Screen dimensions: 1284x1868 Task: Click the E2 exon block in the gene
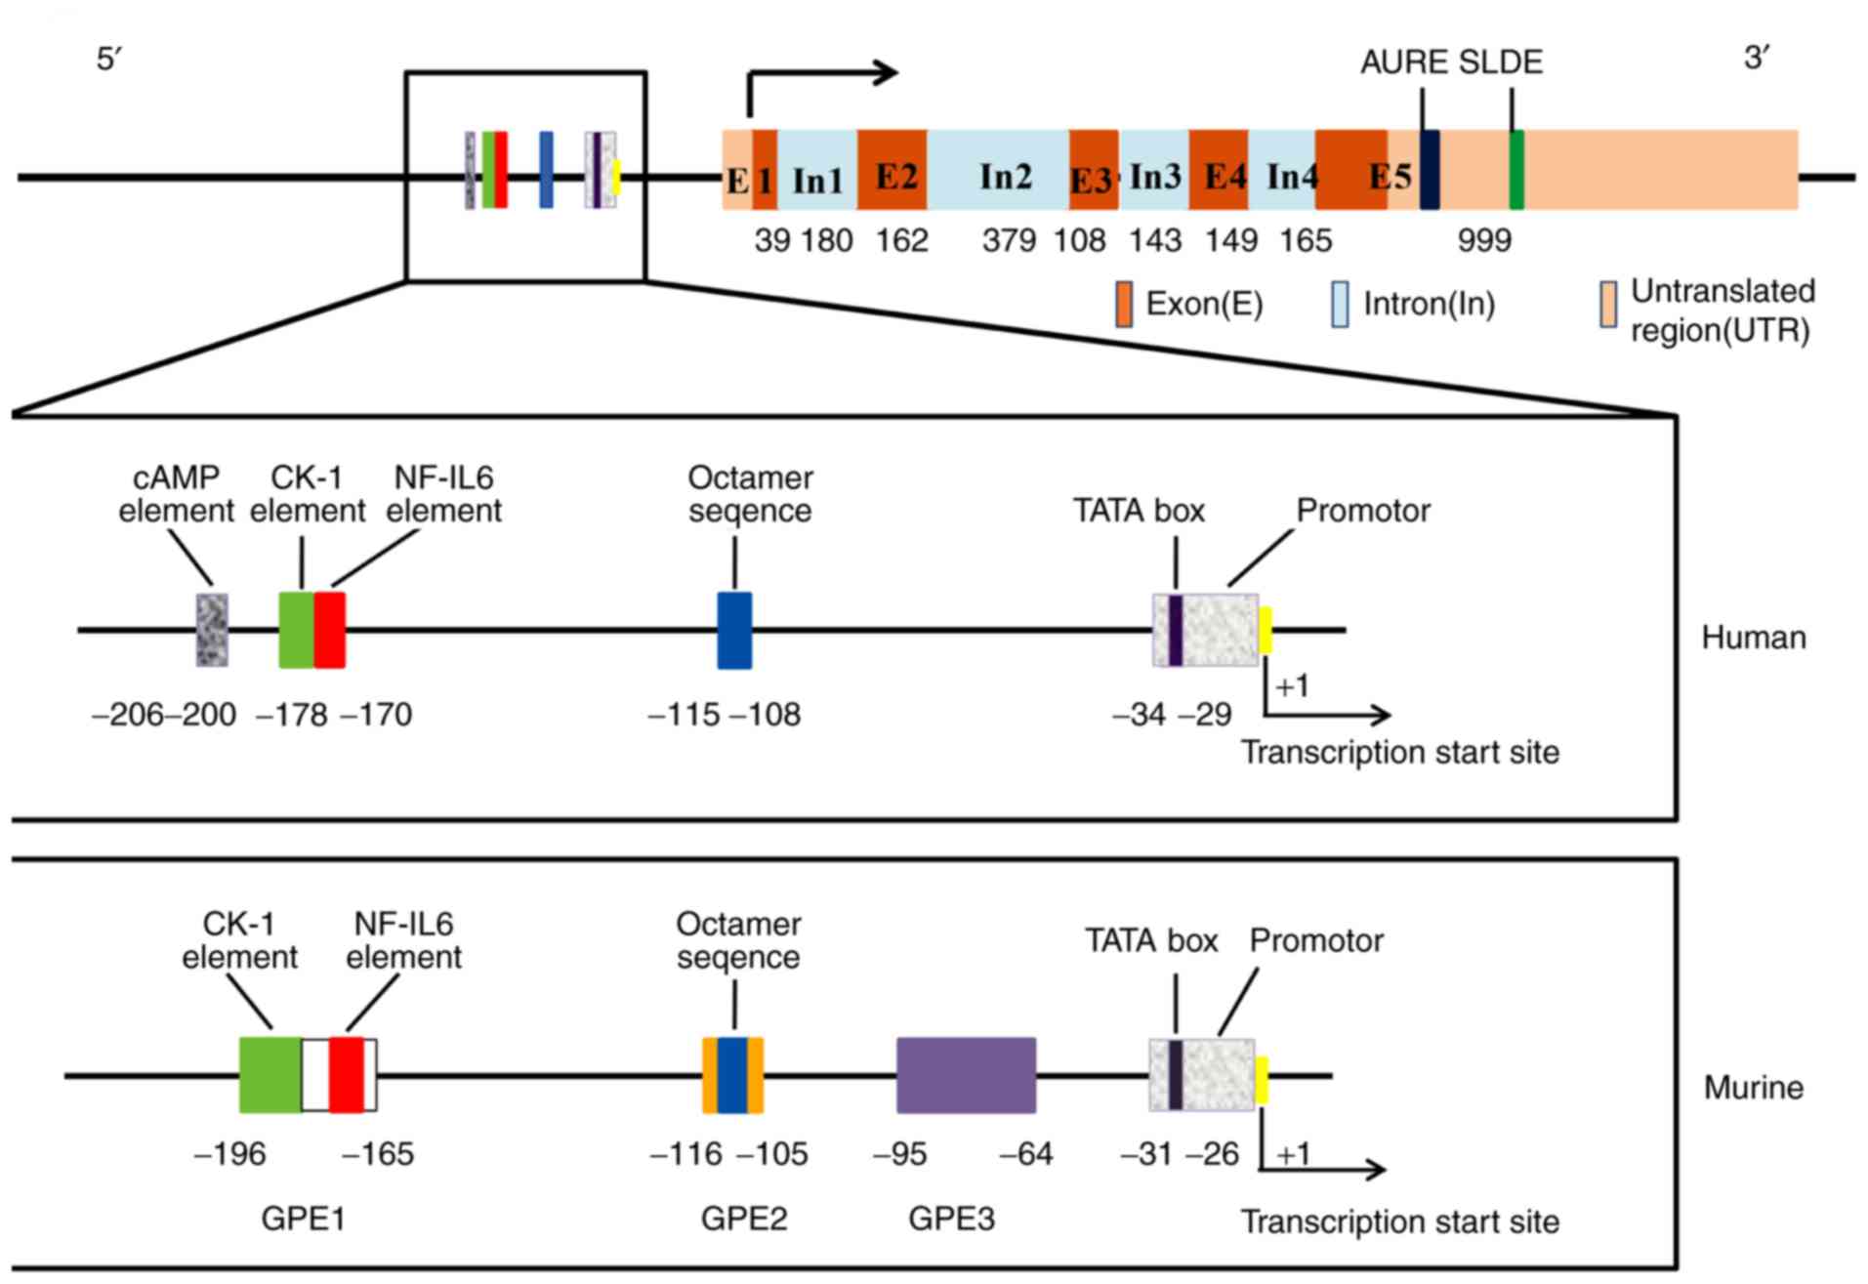click(x=892, y=170)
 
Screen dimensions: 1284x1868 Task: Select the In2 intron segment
click(x=997, y=170)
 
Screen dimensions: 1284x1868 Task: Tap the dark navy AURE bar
click(x=1430, y=170)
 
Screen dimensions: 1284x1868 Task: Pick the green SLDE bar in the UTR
click(x=1516, y=170)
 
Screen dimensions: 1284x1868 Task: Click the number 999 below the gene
click(x=1484, y=240)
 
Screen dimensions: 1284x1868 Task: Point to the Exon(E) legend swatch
click(x=1124, y=305)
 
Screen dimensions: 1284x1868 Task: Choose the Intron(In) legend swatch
click(x=1340, y=305)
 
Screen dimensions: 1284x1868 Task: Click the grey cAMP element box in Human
click(x=212, y=631)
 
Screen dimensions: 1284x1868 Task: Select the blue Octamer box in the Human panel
click(x=734, y=631)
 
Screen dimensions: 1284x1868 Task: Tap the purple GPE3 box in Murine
click(x=966, y=1075)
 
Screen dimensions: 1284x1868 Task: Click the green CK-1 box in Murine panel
click(x=270, y=1075)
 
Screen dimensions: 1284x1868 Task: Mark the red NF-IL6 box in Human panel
click(x=330, y=631)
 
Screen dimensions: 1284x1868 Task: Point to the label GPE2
click(x=744, y=1219)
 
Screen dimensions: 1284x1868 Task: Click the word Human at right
click(x=1754, y=638)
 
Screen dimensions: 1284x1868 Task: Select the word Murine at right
click(x=1754, y=1088)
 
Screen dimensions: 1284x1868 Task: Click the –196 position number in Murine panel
click(x=230, y=1154)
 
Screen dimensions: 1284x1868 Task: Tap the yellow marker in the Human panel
click(x=1266, y=630)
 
